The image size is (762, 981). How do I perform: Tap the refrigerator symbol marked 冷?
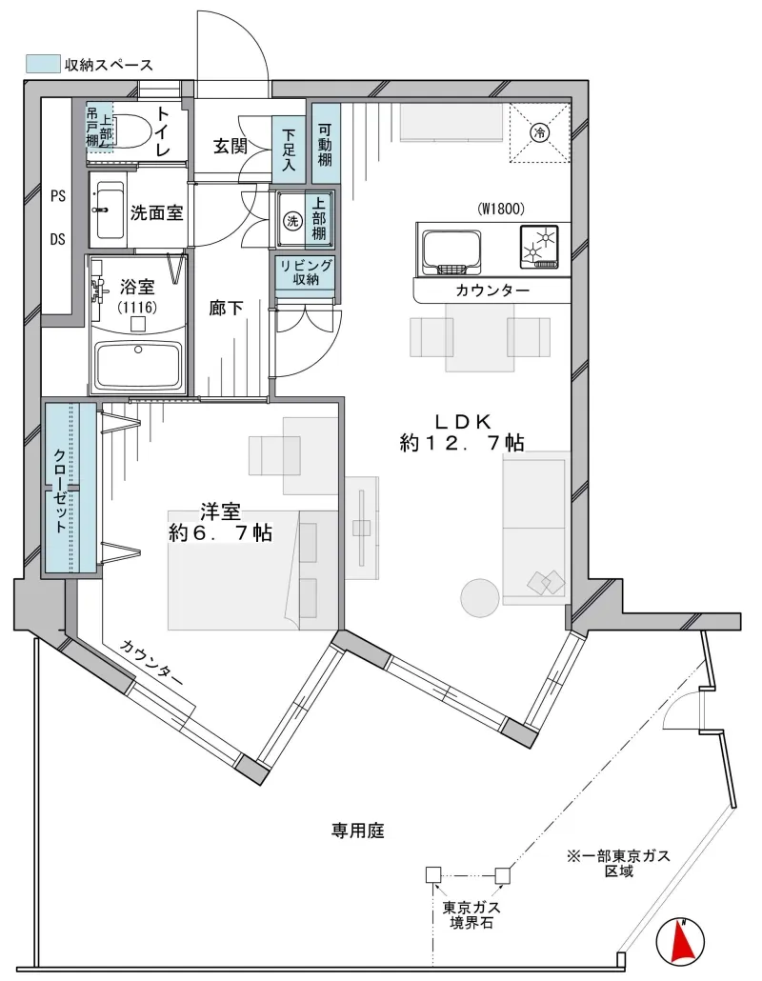tap(540, 132)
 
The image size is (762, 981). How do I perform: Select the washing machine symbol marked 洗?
tap(291, 220)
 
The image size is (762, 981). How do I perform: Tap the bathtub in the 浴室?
tap(138, 365)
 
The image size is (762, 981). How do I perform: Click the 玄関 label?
tap(231, 147)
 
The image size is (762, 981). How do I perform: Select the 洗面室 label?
tap(157, 212)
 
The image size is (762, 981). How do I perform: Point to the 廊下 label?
tap(226, 308)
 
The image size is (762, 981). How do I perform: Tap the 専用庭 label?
tap(358, 831)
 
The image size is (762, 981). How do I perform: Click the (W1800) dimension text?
tap(502, 209)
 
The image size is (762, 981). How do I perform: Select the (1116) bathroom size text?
tap(137, 308)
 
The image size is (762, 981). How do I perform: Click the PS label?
tap(57, 196)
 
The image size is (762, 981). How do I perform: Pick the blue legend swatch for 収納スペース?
tap(43, 63)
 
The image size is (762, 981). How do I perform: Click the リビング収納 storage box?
tap(306, 272)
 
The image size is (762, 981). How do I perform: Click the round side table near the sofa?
tap(480, 597)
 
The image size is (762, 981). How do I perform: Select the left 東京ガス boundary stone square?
tap(433, 874)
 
